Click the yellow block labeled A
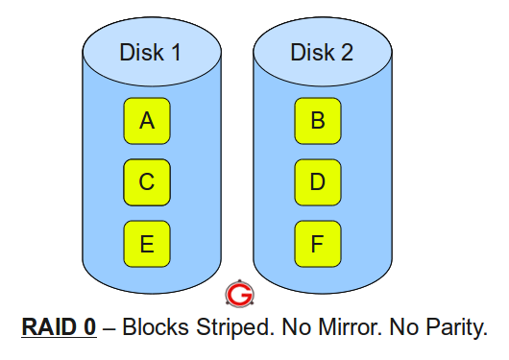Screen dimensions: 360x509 [x=147, y=121]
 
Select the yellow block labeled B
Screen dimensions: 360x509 [x=318, y=121]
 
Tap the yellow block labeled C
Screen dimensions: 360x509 [x=147, y=181]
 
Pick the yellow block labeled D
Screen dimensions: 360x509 [x=318, y=181]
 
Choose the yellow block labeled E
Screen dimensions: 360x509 [x=147, y=243]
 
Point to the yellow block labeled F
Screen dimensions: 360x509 [x=318, y=243]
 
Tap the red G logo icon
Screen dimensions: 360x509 [x=236, y=293]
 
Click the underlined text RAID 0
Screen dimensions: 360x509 [x=59, y=326]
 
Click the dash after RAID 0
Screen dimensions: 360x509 [x=109, y=326]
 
